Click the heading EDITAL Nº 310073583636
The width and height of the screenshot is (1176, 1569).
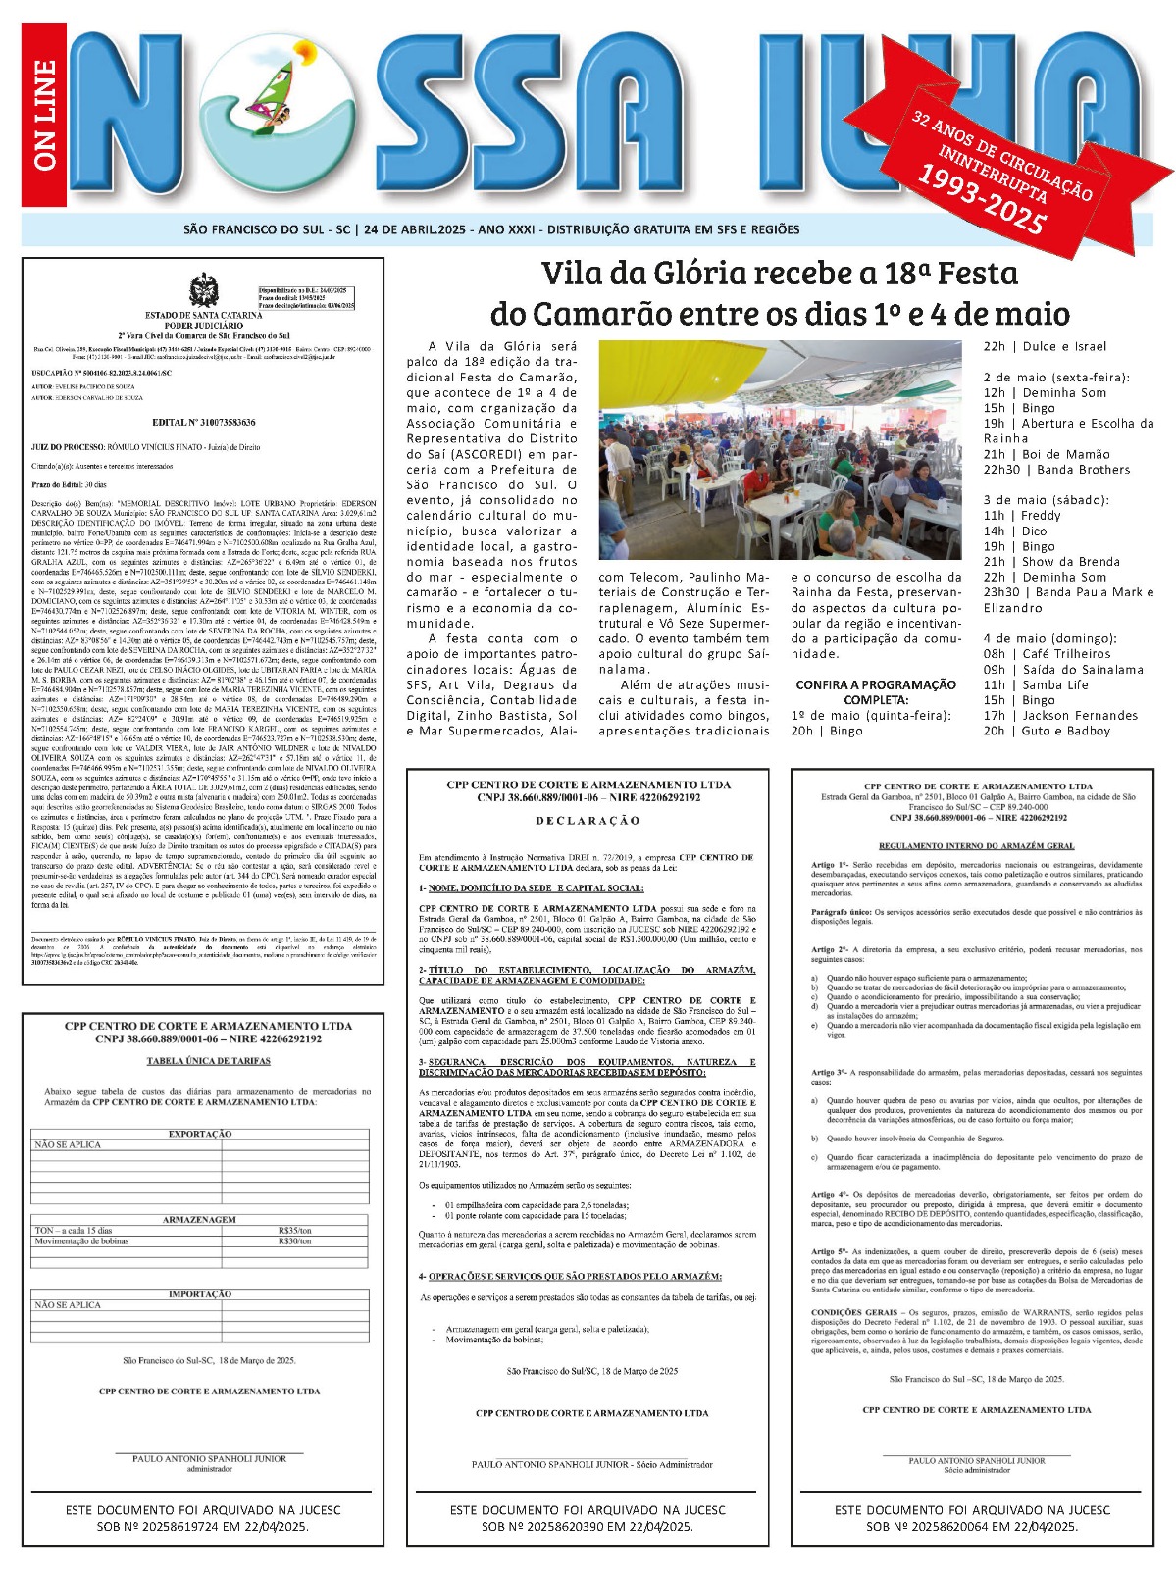[x=204, y=422]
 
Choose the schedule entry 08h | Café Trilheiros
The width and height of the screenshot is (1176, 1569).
[x=1033, y=654]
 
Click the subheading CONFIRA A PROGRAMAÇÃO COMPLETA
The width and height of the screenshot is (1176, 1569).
[x=875, y=692]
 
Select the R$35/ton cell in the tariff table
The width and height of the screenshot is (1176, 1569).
[x=294, y=1230]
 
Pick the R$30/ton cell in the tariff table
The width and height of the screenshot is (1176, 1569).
[x=294, y=1240]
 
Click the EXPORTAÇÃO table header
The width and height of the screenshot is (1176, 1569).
[x=200, y=1134]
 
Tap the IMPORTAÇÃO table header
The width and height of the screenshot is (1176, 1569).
[x=200, y=1294]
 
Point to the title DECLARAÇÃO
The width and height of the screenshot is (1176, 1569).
[x=588, y=820]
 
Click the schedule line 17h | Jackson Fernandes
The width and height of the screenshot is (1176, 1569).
[x=1047, y=716]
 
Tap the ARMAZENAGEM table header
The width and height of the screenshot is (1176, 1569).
[x=200, y=1220]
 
